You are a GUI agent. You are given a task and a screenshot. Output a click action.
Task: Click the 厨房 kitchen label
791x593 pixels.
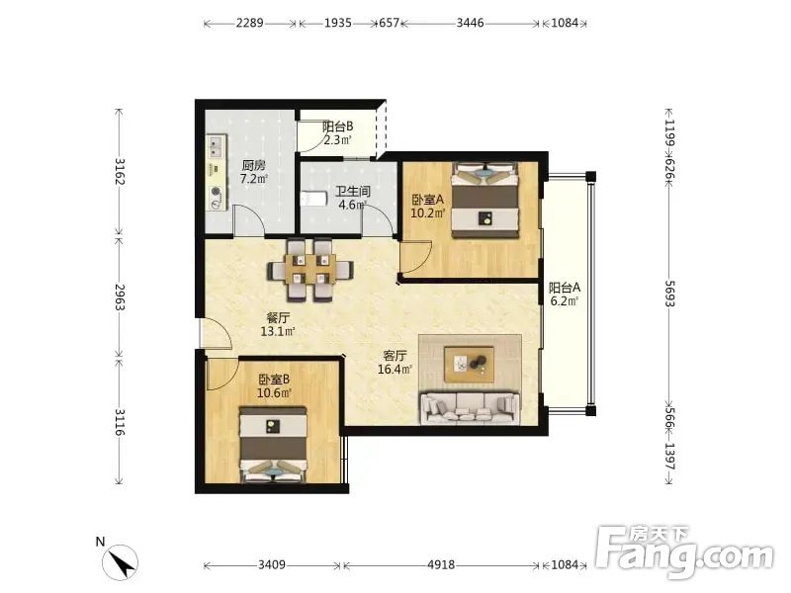pyautogui.click(x=254, y=165)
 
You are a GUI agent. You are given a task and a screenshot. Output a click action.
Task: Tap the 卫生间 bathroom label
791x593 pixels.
pyautogui.click(x=353, y=192)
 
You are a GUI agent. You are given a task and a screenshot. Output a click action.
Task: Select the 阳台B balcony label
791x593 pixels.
pyautogui.click(x=337, y=127)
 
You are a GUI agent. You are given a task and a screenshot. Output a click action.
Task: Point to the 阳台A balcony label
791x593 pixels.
pyautogui.click(x=565, y=288)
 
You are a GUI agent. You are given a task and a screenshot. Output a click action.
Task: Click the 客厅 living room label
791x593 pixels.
pyautogui.click(x=395, y=356)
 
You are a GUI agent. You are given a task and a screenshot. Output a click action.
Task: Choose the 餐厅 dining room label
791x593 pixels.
pyautogui.click(x=278, y=318)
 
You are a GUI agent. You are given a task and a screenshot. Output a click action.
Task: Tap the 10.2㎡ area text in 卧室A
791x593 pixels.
pyautogui.click(x=428, y=212)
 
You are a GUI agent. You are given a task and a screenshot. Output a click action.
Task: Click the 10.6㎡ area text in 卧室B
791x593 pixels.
pyautogui.click(x=275, y=392)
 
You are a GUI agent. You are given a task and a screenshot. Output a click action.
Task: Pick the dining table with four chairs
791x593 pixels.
pyautogui.click(x=309, y=269)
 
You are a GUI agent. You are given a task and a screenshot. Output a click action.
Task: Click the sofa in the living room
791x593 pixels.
pyautogui.click(x=470, y=407)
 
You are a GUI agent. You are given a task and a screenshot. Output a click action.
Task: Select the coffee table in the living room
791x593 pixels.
pyautogui.click(x=469, y=364)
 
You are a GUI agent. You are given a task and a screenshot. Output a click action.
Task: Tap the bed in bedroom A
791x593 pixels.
pyautogui.click(x=484, y=200)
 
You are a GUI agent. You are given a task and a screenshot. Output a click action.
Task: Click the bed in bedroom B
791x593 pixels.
pyautogui.click(x=273, y=444)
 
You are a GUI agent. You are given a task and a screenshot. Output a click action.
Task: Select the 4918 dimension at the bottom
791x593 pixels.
pyautogui.click(x=441, y=564)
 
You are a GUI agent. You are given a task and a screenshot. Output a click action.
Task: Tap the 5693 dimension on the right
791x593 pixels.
pyautogui.click(x=669, y=294)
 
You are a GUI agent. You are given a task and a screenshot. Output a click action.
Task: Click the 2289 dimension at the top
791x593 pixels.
pyautogui.click(x=250, y=23)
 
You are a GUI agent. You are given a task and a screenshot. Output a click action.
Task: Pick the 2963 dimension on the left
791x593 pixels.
pyautogui.click(x=120, y=297)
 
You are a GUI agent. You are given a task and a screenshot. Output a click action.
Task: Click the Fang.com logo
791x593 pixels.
pyautogui.click(x=684, y=553)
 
